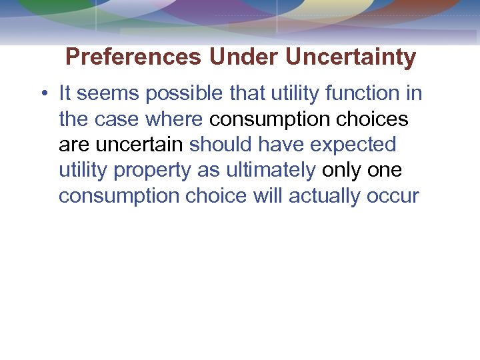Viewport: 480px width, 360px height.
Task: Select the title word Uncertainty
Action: [351, 57]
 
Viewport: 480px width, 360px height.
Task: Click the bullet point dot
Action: [42, 93]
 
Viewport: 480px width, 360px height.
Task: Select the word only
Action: [341, 171]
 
